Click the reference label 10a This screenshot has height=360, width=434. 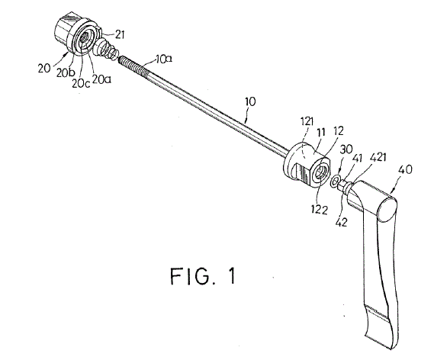163,59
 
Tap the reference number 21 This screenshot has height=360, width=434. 119,34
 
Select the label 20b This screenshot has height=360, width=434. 66,72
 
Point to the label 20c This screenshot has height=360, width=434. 81,83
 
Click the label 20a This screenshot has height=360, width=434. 101,79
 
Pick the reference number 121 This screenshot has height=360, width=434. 307,121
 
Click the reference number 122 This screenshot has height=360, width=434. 319,210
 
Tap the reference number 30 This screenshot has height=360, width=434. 346,149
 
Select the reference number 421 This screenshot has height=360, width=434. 378,157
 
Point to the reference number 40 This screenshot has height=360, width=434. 405,169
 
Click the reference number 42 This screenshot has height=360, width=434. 341,222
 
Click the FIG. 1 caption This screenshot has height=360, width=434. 203,276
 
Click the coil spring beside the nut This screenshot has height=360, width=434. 107,48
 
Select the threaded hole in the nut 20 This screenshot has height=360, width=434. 84,37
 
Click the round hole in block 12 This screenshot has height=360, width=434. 320,174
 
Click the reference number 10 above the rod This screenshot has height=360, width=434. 250,101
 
